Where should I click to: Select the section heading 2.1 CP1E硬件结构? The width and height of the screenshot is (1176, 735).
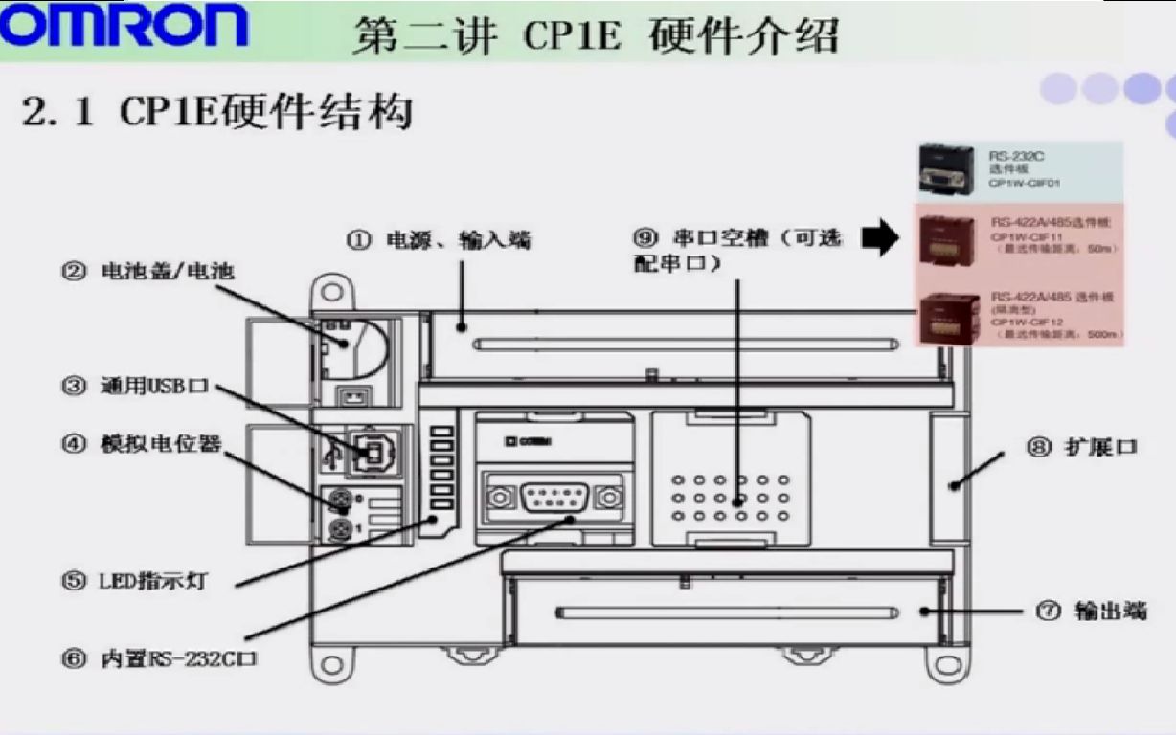(217, 113)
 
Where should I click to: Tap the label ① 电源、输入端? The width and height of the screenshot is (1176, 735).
(439, 239)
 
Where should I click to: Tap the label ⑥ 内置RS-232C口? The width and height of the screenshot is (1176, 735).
(163, 659)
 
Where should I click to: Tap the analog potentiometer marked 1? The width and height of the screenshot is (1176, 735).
(337, 528)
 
